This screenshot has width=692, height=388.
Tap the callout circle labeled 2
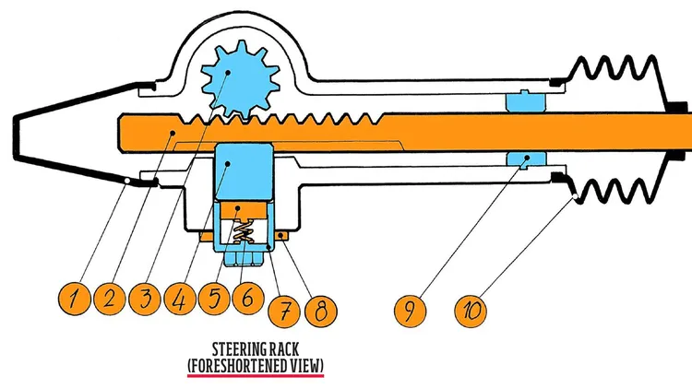pyautogui.click(x=109, y=299)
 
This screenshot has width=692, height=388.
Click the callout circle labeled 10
pyautogui.click(x=471, y=308)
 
